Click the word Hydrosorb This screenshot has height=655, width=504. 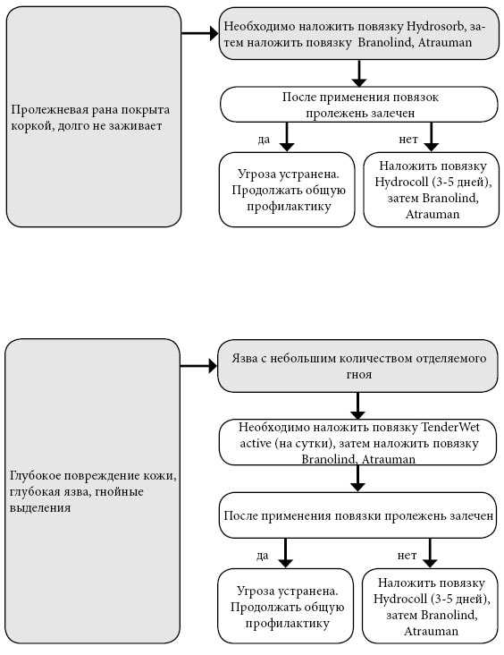coord(435,27)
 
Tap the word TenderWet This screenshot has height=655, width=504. coord(450,428)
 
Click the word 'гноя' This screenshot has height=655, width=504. coord(359,375)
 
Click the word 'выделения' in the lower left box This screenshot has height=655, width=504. coord(40,508)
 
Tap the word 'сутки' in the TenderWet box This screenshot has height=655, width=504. coord(315,444)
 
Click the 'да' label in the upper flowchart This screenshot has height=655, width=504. coord(264,140)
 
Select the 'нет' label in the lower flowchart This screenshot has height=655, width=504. coord(407,556)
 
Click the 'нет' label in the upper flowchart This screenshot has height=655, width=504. coord(408,140)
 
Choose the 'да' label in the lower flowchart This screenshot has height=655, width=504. coord(262,556)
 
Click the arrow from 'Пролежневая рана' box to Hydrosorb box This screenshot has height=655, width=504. coord(200,33)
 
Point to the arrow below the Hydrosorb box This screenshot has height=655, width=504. coord(359,73)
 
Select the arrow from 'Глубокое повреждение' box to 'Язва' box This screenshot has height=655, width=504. coord(198,366)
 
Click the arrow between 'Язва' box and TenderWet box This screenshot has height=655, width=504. coord(357,405)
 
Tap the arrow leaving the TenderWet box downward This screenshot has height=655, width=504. coord(357,479)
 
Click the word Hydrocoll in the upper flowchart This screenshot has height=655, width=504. coord(396,183)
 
